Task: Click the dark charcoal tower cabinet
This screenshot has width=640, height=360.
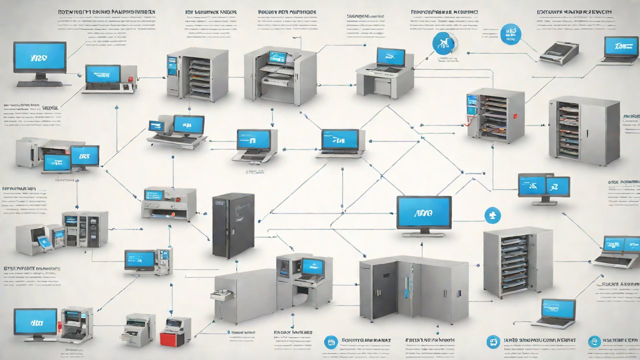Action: pyautogui.click(x=233, y=224)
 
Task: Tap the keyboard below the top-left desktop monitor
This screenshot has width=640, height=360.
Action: pyautogui.click(x=40, y=83)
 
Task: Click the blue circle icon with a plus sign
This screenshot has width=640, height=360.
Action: pyautogui.click(x=492, y=215)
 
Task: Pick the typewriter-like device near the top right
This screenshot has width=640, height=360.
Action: pyautogui.click(x=559, y=52)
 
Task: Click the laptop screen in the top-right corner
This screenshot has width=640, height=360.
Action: pyautogui.click(x=621, y=46)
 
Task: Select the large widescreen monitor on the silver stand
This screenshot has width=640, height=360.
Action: pyautogui.click(x=423, y=212)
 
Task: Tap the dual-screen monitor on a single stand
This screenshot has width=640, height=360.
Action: pyautogui.click(x=543, y=186)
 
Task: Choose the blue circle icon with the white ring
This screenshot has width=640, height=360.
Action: pyautogui.click(x=442, y=43)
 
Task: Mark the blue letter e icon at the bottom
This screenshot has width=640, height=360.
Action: pyautogui.click(x=594, y=341)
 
